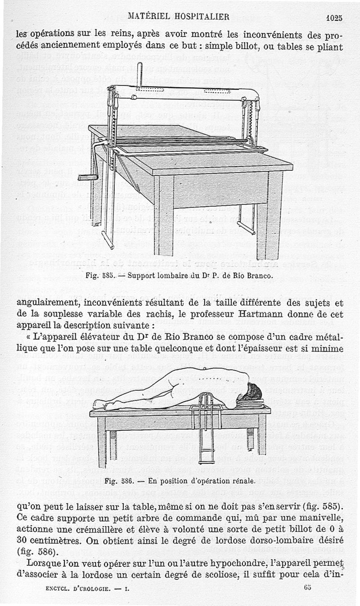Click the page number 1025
334,18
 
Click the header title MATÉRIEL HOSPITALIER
179,17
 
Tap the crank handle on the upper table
88,177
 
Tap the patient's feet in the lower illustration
98,404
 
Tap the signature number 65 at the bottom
308,587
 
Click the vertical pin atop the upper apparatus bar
139,74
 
